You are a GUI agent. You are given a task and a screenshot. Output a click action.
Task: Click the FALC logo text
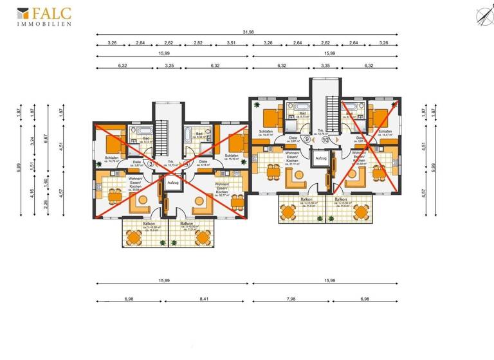pos(50,12)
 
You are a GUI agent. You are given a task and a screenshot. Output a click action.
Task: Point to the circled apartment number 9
pos(307,139)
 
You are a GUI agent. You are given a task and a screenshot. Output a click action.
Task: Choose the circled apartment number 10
pos(325,139)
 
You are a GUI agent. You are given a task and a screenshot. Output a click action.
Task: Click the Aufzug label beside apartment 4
pos(172,183)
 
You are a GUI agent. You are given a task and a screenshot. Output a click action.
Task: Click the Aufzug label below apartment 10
pos(320,157)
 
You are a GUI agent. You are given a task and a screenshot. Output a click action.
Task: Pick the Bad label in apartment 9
pos(302,114)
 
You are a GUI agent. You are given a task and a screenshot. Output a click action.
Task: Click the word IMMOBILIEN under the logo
pos(44,22)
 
